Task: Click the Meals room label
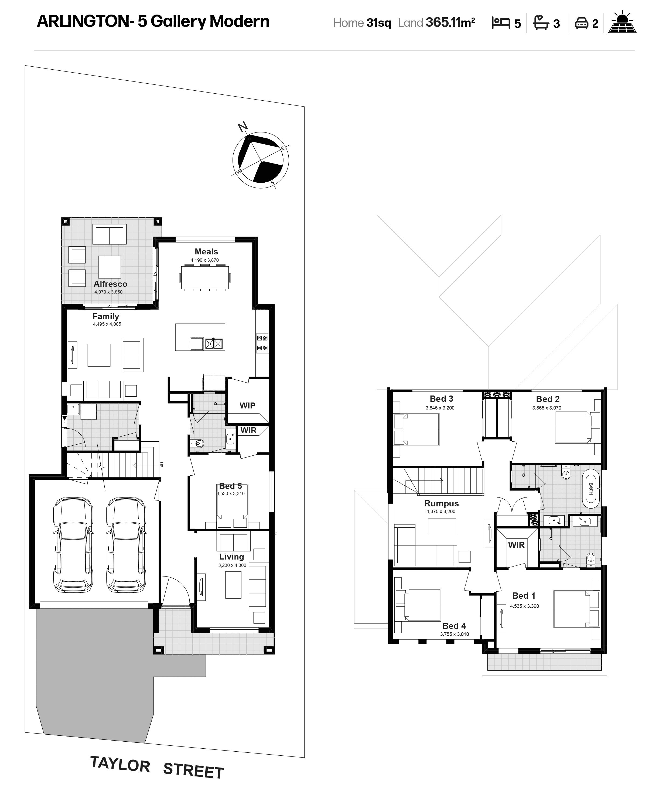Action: point(206,251)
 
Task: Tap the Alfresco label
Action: point(110,284)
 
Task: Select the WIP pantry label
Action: point(247,405)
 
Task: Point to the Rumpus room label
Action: point(441,504)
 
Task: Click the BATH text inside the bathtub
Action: point(591,489)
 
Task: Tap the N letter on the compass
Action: point(243,127)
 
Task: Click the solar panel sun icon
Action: point(622,22)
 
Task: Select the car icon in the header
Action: point(581,23)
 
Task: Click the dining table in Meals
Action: point(205,278)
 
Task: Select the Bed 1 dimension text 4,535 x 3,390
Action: point(524,606)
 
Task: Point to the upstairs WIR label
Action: point(516,545)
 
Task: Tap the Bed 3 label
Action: point(441,398)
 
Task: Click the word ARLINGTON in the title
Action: point(83,21)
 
